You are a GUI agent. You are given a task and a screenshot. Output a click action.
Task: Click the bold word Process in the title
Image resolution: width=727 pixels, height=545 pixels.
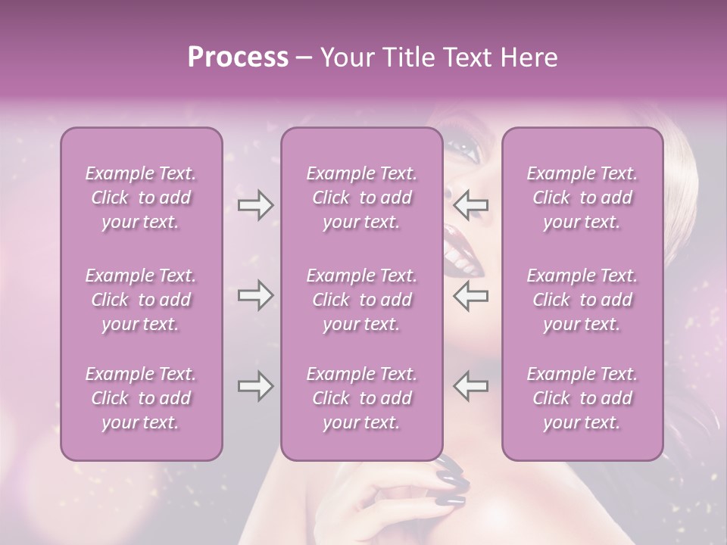[238, 58]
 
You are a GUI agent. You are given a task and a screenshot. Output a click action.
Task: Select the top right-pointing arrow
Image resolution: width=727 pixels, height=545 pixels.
[255, 205]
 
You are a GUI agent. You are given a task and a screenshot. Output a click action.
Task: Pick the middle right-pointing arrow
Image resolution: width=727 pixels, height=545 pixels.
[255, 296]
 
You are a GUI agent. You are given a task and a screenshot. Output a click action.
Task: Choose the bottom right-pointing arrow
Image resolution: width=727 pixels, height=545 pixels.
[255, 387]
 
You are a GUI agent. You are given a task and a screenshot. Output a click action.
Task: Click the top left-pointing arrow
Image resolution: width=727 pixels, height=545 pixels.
[470, 205]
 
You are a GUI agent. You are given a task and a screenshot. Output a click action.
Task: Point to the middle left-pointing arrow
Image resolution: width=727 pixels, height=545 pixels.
[470, 296]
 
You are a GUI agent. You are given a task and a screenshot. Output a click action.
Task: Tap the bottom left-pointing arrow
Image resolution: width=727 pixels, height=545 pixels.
[470, 387]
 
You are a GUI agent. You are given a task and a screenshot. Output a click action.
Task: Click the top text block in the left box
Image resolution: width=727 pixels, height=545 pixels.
[141, 198]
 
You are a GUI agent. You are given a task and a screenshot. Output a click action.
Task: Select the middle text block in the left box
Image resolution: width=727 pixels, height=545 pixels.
[141, 300]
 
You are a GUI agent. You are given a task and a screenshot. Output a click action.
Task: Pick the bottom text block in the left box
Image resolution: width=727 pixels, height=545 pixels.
[141, 398]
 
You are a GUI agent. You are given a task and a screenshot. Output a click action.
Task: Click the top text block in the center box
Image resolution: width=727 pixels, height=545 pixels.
[362, 198]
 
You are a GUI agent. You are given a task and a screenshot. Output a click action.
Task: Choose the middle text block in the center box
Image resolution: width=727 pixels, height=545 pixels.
[362, 300]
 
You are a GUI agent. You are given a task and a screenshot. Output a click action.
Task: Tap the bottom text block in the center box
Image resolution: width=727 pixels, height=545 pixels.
[362, 398]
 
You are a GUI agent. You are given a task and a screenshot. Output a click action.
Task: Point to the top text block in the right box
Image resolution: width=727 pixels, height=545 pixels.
[582, 198]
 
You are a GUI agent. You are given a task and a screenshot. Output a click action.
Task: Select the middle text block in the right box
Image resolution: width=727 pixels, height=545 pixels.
[582, 300]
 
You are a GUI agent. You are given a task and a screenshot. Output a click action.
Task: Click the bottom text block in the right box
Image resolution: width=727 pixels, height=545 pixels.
[582, 398]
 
